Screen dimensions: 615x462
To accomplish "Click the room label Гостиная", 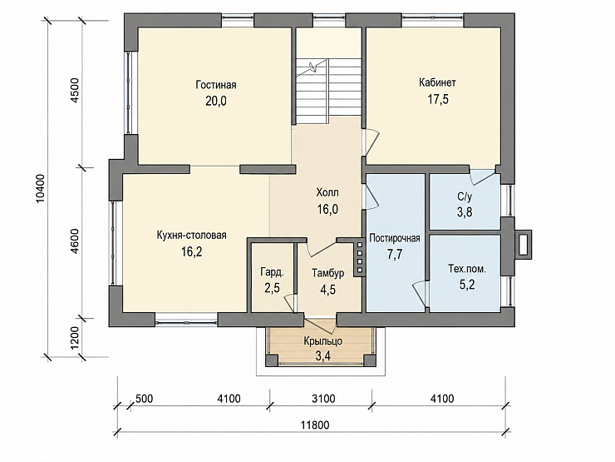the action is pyautogui.click(x=216, y=85).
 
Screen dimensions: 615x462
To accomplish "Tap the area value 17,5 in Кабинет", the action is pyautogui.click(x=438, y=99).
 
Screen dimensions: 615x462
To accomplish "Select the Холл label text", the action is pyautogui.click(x=327, y=192).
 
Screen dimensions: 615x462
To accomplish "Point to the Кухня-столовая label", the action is pyautogui.click(x=192, y=236).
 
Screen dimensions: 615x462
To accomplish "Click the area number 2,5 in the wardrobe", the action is pyautogui.click(x=273, y=288).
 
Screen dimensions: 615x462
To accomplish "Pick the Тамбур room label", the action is pyautogui.click(x=328, y=273).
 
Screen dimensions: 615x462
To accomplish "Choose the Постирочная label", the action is pyautogui.click(x=395, y=238).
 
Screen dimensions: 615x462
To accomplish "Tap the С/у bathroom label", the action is pyautogui.click(x=465, y=196).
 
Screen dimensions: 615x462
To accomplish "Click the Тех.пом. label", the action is pyautogui.click(x=467, y=269).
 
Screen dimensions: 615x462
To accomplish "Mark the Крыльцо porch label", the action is pyautogui.click(x=322, y=341).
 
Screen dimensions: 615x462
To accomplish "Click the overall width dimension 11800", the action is pyautogui.click(x=315, y=425).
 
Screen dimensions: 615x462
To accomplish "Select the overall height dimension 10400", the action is pyautogui.click(x=42, y=189).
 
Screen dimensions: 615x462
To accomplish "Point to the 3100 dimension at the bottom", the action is pyautogui.click(x=323, y=399).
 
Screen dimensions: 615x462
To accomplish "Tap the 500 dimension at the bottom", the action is pyautogui.click(x=144, y=399).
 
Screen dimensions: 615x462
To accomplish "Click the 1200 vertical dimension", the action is pyautogui.click(x=75, y=338).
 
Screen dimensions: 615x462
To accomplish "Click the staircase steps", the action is pyautogui.click(x=328, y=87).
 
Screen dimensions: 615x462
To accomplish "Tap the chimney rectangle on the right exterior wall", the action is pyautogui.click(x=523, y=245).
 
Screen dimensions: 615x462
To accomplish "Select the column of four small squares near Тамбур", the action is pyautogui.click(x=360, y=257).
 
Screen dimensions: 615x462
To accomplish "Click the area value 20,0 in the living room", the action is pyautogui.click(x=216, y=101).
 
